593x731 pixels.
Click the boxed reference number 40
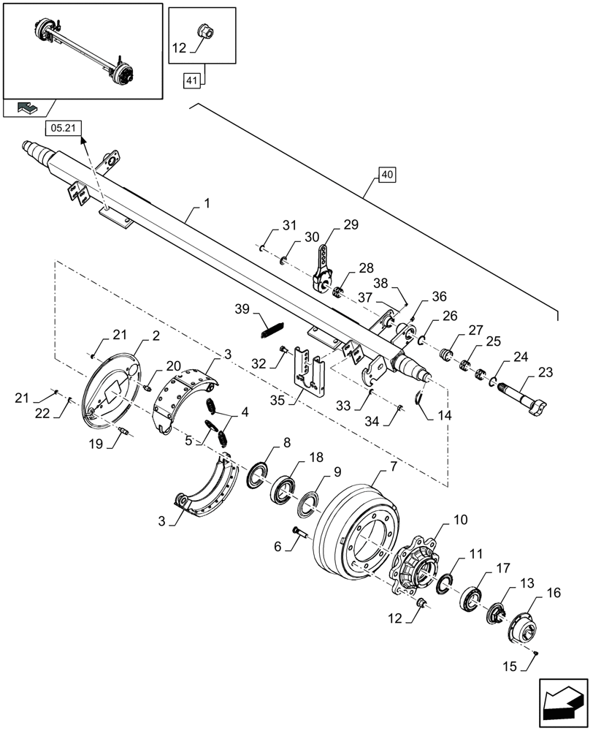[387, 175]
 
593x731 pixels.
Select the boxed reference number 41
[191, 82]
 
